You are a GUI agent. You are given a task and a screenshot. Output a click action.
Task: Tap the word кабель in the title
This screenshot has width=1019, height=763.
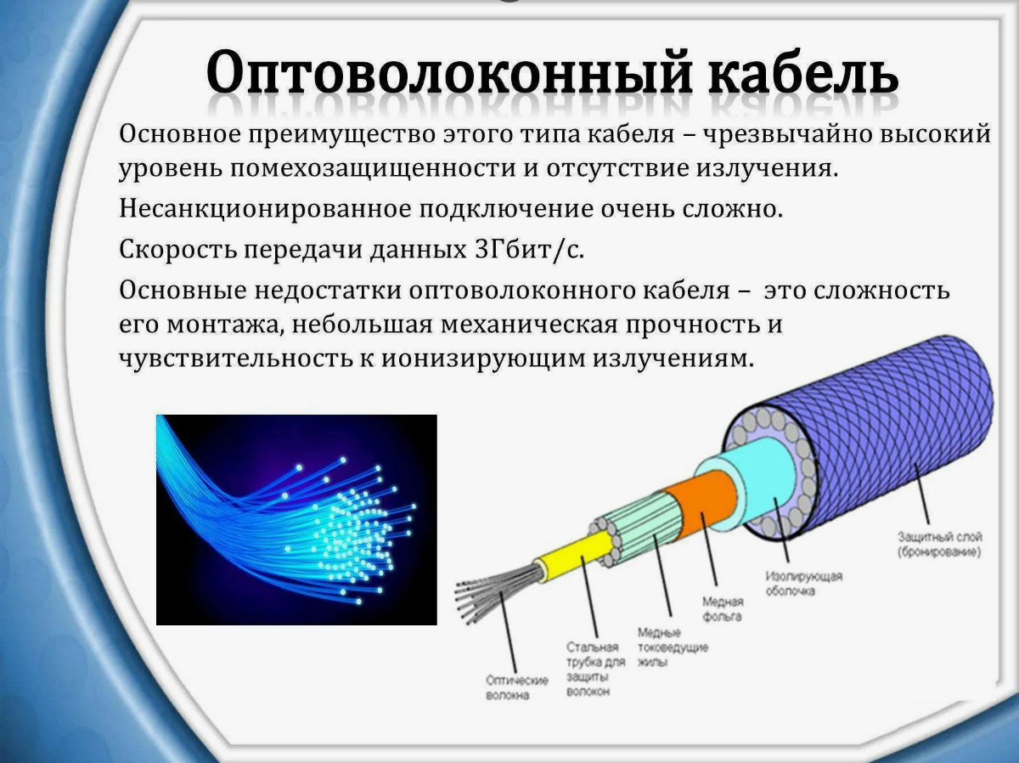[x=804, y=71]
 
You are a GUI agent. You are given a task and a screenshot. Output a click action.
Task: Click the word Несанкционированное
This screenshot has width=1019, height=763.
[x=265, y=209]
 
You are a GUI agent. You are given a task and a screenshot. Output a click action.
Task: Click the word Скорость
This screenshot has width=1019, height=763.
[x=177, y=250]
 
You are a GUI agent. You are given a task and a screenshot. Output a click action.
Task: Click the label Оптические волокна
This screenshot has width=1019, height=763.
[x=516, y=687]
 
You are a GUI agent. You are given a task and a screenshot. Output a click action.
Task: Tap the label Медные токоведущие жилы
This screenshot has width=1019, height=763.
[x=673, y=647]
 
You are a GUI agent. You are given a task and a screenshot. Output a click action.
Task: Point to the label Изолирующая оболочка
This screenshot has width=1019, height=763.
[x=803, y=584]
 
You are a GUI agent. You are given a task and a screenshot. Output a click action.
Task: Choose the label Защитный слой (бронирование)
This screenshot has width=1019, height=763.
[x=940, y=545]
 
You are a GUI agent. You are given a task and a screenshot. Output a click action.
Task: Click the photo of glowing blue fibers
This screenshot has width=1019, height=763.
[x=296, y=520]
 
